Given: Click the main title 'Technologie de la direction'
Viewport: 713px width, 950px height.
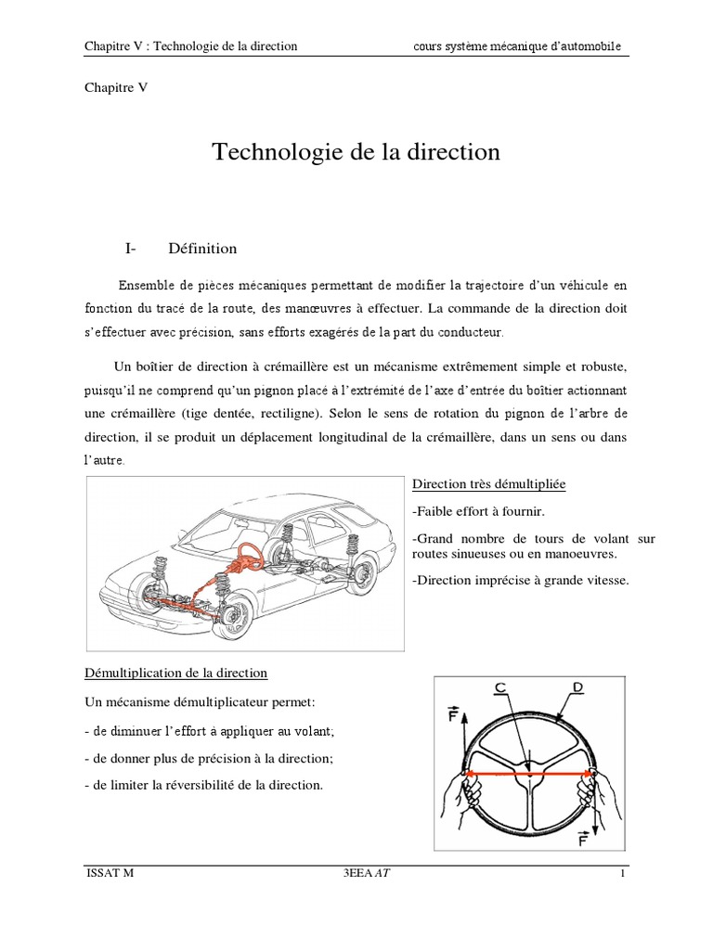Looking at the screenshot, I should (356, 152).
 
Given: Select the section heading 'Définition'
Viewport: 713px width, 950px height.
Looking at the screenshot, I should (202, 249).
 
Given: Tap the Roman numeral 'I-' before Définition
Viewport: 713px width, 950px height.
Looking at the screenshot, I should (130, 249).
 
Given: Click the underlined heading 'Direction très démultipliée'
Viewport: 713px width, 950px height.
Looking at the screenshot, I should (488, 485).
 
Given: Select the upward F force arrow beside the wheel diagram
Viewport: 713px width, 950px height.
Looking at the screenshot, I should (456, 733).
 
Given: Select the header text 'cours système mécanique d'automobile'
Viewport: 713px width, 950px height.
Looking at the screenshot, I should (517, 46).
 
